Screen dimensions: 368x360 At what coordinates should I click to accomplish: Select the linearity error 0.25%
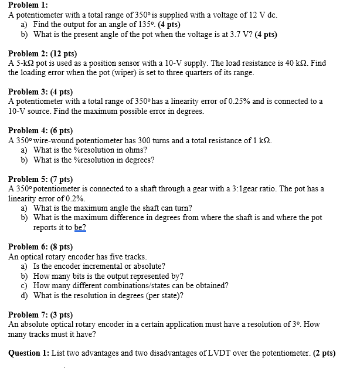pos(234,102)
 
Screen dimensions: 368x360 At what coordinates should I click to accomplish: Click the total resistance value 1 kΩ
pos(260,140)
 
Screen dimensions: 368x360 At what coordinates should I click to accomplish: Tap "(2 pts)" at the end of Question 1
pos(324,353)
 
